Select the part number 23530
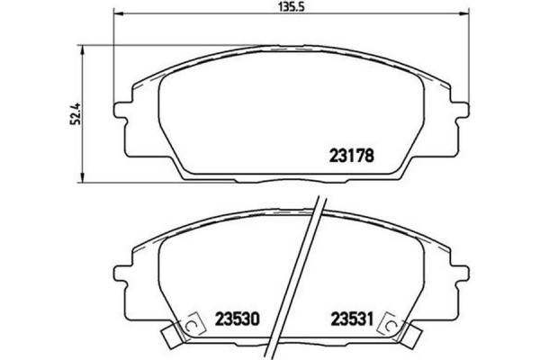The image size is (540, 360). tap(238, 318)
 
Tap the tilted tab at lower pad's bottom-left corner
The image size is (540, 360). tap(169, 338)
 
